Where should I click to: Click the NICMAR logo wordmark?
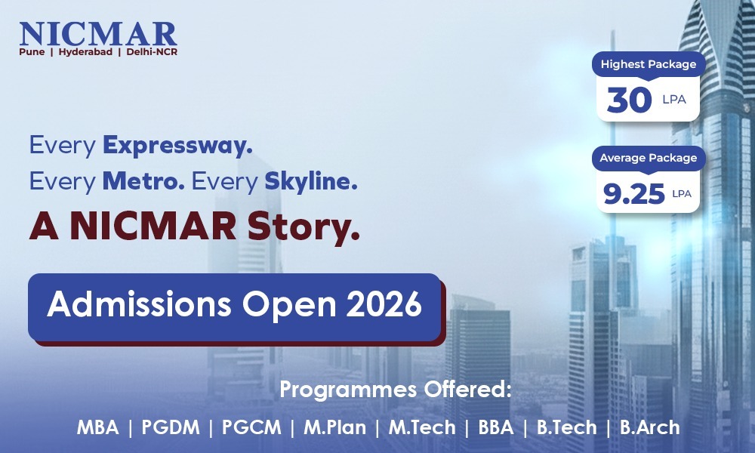tap(98, 34)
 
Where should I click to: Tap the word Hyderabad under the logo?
tap(85, 52)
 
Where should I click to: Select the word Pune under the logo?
tap(32, 51)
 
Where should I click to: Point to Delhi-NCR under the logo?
tap(152, 51)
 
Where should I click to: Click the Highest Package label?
tap(648, 64)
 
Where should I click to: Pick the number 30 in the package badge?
tap(629, 100)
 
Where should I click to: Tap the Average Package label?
tap(648, 158)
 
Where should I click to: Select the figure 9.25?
tap(633, 193)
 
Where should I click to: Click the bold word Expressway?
tap(177, 146)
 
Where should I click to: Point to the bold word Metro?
tap(143, 181)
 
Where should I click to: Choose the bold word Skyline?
tap(311, 182)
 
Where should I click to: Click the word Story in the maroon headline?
tap(304, 226)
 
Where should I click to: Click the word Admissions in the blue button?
tap(139, 304)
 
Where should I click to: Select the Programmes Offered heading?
tap(395, 389)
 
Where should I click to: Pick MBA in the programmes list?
tap(97, 427)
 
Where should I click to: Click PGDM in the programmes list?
tap(171, 427)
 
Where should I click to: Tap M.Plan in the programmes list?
tap(334, 427)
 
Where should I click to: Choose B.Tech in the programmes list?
tap(566, 427)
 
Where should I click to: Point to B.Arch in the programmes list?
tap(649, 427)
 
